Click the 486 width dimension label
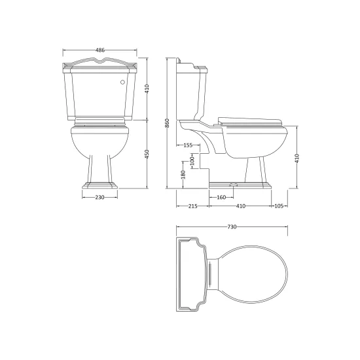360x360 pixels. coord(100,50)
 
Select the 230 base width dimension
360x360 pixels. coord(99,197)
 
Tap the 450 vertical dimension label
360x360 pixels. coord(147,154)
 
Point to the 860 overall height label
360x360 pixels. coord(167,123)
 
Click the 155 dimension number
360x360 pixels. coord(188,145)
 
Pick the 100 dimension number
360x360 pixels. coord(192,161)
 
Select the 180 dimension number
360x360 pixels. coord(183,175)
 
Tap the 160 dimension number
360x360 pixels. coord(221,197)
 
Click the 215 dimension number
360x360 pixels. coord(193,206)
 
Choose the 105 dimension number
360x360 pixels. coord(279,206)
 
